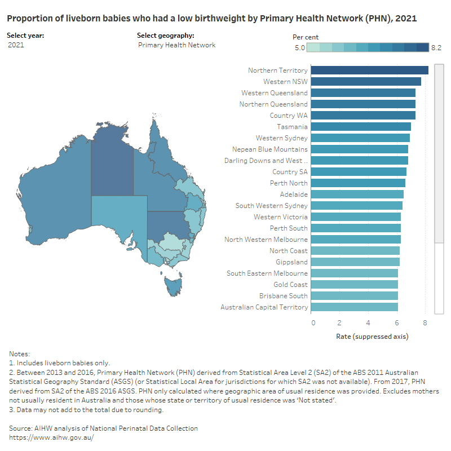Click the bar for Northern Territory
point(369,70)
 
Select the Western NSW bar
point(366,82)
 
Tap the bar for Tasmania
point(361,127)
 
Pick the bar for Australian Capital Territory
point(354,307)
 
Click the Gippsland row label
point(291,262)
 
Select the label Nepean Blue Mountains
point(270,149)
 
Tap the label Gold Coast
point(290,285)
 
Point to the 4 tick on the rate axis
point(368,322)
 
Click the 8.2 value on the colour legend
point(437,48)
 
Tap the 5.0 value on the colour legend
point(299,48)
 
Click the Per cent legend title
point(306,37)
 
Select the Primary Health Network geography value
point(176,45)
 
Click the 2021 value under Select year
point(16,45)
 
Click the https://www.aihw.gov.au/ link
point(51,437)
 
